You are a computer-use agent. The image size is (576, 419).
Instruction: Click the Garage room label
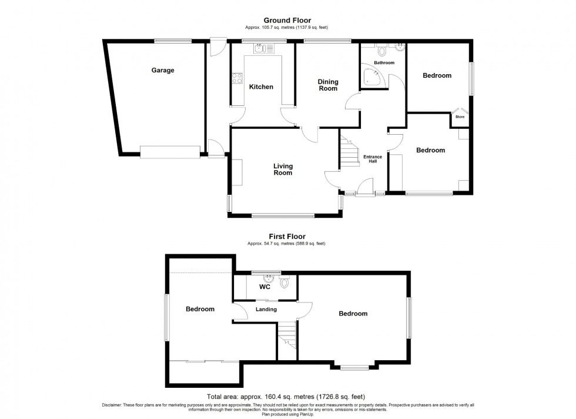click(x=163, y=71)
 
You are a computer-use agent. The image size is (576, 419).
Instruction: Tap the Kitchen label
click(x=261, y=87)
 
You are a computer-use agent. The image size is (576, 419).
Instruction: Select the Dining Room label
click(x=328, y=85)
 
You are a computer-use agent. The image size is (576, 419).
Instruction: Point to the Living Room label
click(x=283, y=169)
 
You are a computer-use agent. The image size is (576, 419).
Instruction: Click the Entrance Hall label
click(x=373, y=159)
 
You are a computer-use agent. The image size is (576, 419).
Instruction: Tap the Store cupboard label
click(x=460, y=117)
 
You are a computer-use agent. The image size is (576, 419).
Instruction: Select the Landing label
click(x=266, y=310)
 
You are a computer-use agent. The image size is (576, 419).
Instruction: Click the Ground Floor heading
click(x=287, y=21)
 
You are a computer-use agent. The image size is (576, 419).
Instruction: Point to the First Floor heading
click(x=287, y=237)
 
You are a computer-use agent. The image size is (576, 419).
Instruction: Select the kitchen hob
click(x=237, y=78)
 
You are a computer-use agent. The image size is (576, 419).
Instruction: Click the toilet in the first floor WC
click(x=285, y=282)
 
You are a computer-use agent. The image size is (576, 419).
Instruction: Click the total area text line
click(x=287, y=397)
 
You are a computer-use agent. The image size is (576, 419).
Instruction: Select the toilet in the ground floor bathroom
click(x=382, y=49)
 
